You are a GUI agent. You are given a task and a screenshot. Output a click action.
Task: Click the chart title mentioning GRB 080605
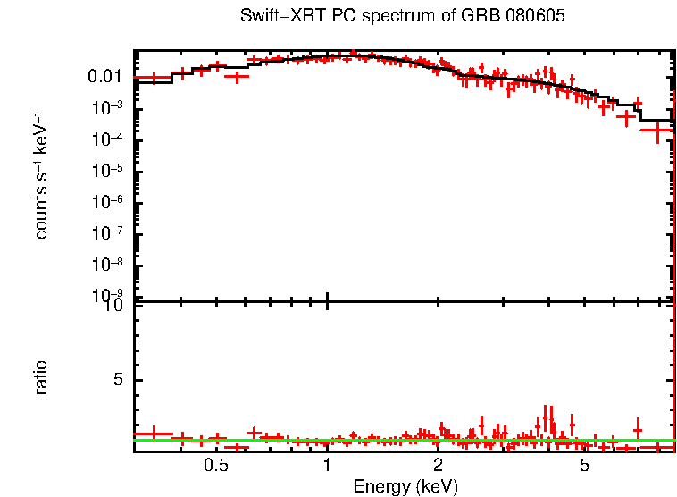coord(403,17)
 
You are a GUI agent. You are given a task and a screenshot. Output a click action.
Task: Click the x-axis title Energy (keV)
coord(405,487)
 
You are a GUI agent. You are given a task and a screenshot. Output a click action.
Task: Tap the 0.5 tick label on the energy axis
coord(216,467)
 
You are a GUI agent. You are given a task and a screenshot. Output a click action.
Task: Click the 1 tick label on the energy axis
coord(327,467)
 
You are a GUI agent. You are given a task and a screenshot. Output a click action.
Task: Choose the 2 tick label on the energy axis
coord(438,467)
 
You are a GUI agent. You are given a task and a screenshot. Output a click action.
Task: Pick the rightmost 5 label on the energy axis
coord(584,467)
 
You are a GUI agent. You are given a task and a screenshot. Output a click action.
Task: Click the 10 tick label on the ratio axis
coord(115,305)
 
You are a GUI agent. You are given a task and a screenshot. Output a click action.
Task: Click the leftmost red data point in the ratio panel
coord(153,434)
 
